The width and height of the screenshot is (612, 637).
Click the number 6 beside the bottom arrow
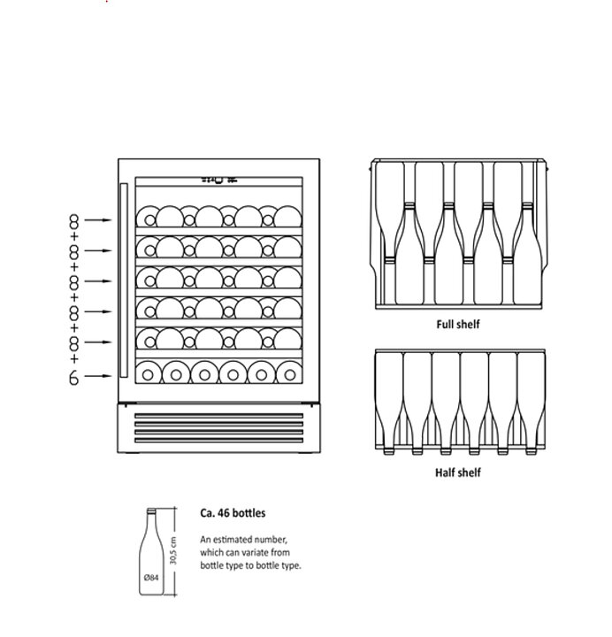tap(73, 378)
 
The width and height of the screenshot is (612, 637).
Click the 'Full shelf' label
tap(458, 324)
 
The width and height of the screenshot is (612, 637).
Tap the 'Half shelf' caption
tap(458, 472)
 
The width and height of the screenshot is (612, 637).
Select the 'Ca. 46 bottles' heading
tap(233, 512)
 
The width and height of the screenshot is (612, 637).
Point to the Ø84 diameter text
tap(151, 577)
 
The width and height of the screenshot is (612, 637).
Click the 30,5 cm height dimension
tap(173, 551)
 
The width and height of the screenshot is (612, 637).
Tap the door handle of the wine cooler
tap(124, 280)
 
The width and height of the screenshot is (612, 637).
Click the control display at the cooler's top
tap(219, 180)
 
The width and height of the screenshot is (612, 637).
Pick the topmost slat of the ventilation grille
tap(219, 416)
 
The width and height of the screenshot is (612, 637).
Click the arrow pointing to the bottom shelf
tap(97, 376)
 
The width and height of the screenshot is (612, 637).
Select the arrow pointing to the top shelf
tap(97, 219)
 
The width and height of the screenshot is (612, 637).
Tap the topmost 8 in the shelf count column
tap(73, 221)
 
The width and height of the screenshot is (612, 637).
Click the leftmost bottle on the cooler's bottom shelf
tap(149, 373)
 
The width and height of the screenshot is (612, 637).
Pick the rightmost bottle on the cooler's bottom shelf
tap(289, 373)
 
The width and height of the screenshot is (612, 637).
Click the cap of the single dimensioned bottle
tap(151, 511)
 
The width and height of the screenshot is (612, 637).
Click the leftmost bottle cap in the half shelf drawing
tap(388, 451)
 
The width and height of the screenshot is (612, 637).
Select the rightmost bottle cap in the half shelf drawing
tap(531, 451)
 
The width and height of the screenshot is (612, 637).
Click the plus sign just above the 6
tap(74, 358)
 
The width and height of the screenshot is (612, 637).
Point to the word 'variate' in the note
tap(256, 552)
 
